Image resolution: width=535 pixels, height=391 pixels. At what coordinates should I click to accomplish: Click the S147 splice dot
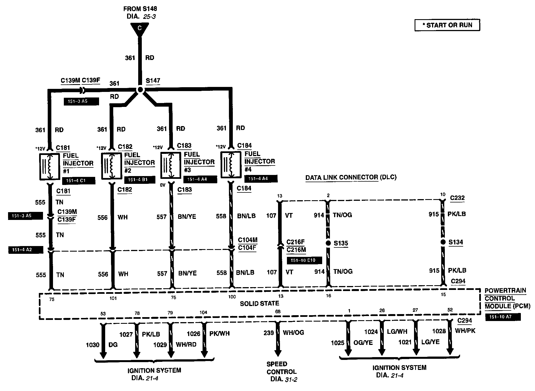[x=140, y=90]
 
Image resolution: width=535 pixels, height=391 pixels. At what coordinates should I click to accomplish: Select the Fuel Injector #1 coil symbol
[x=50, y=166]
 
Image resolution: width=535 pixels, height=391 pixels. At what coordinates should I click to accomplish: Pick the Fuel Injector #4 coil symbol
[x=231, y=164]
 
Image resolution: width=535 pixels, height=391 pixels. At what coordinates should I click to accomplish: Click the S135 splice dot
[x=328, y=243]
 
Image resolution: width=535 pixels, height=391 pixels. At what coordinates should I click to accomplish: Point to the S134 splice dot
[x=443, y=242]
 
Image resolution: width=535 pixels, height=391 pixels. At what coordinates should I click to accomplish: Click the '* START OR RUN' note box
[x=447, y=25]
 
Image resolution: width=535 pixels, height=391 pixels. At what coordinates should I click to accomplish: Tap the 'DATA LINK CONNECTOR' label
[x=342, y=177]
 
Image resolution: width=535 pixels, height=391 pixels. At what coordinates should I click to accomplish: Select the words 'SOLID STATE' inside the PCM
[x=259, y=304]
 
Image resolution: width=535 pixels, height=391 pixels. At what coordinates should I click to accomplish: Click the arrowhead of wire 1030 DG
[x=103, y=355]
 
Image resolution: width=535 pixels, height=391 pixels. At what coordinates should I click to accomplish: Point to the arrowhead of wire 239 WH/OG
[x=277, y=353]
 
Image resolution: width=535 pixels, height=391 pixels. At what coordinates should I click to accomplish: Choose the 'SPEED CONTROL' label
[x=281, y=368]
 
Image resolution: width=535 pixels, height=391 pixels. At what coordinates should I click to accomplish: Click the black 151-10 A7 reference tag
[x=503, y=317]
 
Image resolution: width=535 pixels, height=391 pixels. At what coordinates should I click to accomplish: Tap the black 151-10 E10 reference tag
[x=304, y=260]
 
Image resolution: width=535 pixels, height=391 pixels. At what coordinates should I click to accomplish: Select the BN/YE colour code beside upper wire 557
[x=187, y=217]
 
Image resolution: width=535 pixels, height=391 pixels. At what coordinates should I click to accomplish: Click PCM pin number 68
[x=278, y=312]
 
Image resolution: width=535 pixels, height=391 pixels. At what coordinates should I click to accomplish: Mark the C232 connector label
[x=457, y=198]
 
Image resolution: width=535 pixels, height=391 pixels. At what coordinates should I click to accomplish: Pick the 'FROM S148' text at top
[x=140, y=9]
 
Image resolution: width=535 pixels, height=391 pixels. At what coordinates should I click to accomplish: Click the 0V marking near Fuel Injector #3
[x=163, y=185]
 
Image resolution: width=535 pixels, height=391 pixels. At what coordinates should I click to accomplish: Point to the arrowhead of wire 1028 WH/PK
[x=450, y=351]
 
